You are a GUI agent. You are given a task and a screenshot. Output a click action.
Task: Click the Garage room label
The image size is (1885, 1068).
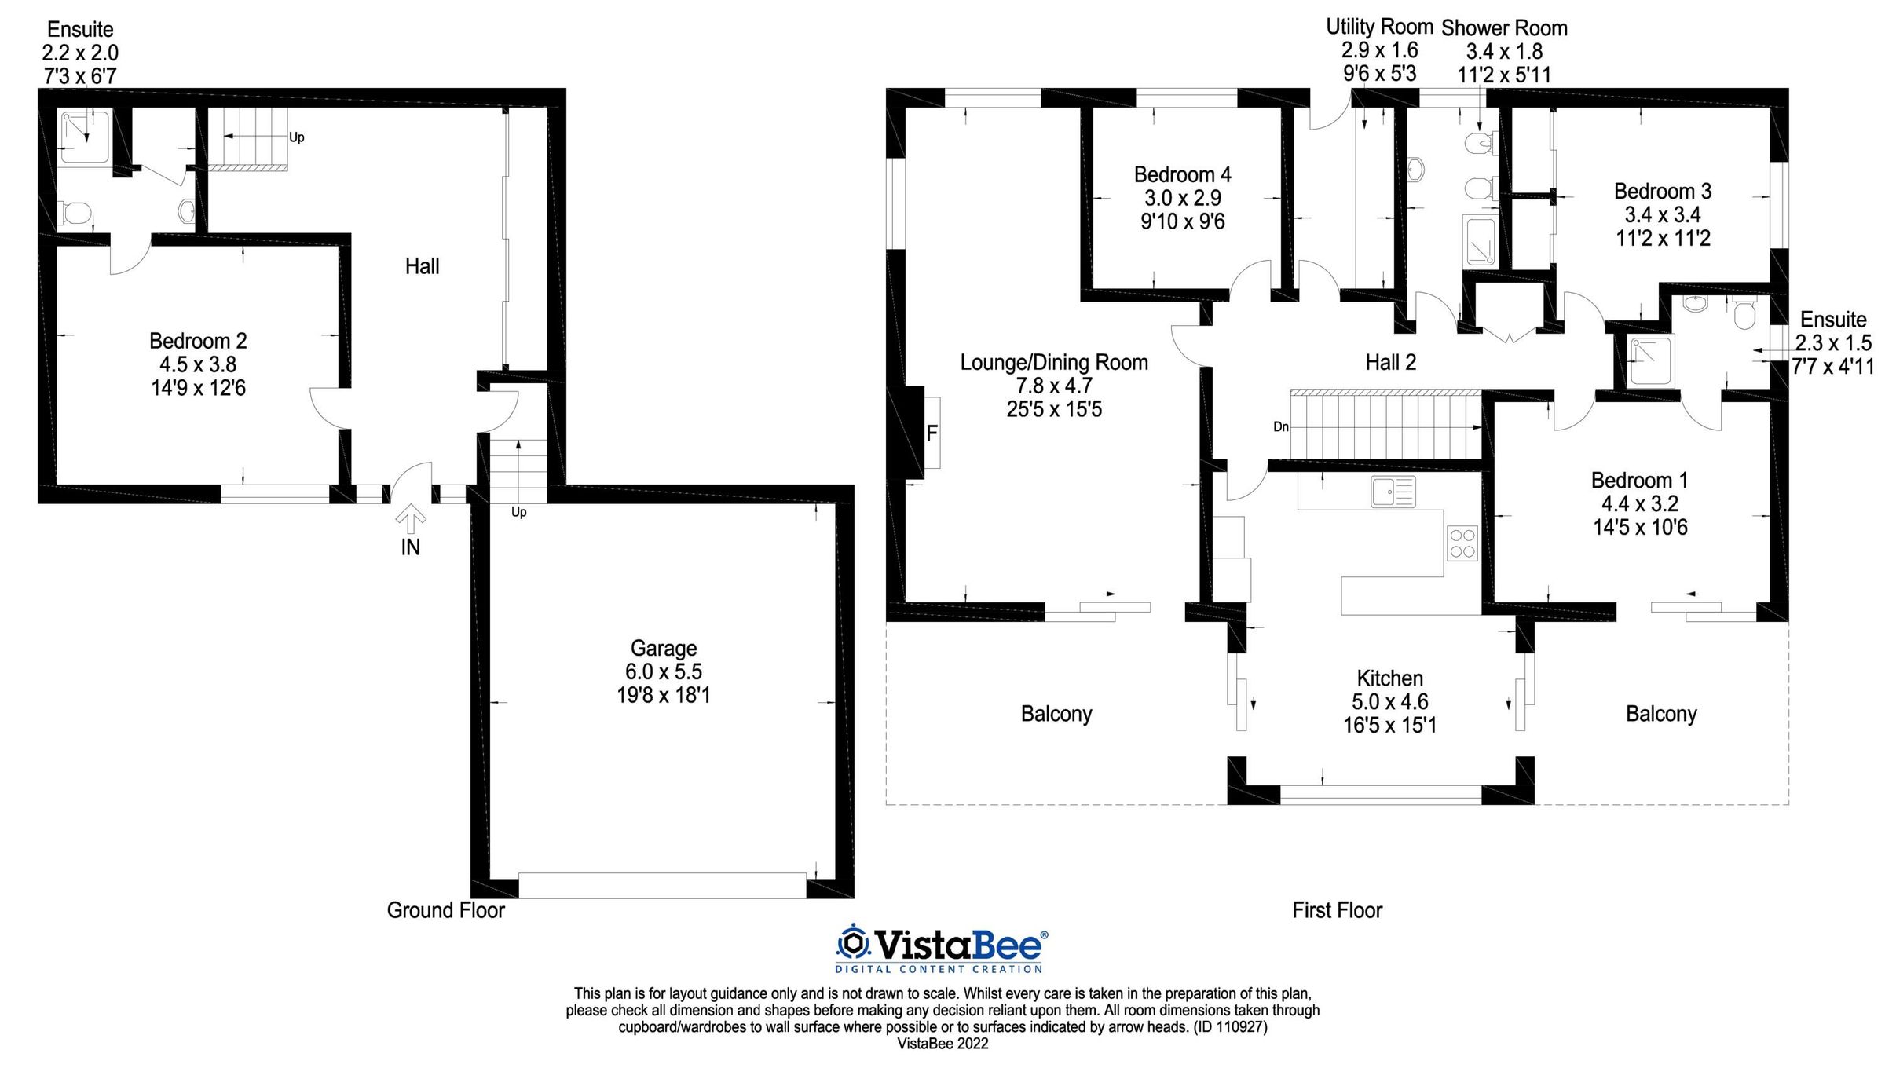(x=664, y=649)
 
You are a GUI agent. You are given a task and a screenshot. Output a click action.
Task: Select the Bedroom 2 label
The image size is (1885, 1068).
(x=198, y=341)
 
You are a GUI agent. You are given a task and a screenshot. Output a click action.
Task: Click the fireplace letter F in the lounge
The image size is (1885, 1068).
(x=932, y=433)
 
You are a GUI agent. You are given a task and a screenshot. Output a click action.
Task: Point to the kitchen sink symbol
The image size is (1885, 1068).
(x=1393, y=492)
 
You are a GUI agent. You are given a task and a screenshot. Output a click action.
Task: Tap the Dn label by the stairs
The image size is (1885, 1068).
(x=1281, y=427)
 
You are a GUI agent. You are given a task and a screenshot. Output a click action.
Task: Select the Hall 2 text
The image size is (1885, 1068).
(x=1390, y=362)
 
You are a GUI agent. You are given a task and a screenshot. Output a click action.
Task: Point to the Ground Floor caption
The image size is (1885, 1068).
(x=445, y=910)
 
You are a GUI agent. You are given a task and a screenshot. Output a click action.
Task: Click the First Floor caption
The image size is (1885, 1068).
(x=1337, y=910)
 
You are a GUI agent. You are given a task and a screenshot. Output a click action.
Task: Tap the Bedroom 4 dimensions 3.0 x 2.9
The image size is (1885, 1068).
(x=1182, y=198)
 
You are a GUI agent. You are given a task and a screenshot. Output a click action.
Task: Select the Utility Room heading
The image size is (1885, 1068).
(x=1379, y=26)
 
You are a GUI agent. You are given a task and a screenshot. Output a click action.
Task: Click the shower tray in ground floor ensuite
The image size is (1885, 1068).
(x=84, y=137)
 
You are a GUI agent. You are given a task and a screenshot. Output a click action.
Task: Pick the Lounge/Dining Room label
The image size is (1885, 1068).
(x=1054, y=362)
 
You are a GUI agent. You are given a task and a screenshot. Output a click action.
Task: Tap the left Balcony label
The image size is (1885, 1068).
(x=1056, y=714)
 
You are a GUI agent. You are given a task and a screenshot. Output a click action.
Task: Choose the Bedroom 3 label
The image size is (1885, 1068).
(x=1662, y=191)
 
